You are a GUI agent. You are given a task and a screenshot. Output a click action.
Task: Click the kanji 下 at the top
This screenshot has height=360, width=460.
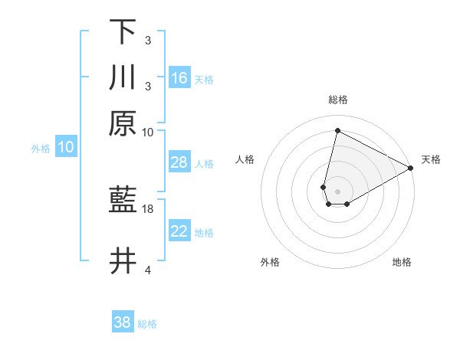pos(123,31)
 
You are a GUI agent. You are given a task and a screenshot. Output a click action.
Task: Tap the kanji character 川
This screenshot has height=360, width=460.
pos(123,77)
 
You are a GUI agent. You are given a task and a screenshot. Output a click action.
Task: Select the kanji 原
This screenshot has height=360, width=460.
pos(123,123)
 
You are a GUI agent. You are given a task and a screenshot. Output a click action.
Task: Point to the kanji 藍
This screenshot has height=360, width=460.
pos(123,201)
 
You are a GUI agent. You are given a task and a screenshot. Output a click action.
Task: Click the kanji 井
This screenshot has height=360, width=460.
pos(123,261)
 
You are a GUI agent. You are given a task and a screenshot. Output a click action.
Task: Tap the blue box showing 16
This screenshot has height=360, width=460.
pos(179,77)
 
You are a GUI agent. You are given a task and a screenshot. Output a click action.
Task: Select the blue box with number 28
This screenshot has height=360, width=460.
pos(179,162)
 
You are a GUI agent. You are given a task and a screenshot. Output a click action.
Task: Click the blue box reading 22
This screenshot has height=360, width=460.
pos(179,231)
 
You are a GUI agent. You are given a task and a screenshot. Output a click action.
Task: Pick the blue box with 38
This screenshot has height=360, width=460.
pos(123,322)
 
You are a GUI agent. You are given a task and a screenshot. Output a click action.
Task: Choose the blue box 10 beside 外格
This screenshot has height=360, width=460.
pos(66,147)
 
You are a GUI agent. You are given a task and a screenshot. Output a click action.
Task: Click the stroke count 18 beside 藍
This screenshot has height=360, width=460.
pos(148,208)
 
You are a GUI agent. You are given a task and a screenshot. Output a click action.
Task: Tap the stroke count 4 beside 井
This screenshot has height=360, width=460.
pos(147,270)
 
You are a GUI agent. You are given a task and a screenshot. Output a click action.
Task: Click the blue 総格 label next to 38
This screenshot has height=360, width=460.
pos(147,324)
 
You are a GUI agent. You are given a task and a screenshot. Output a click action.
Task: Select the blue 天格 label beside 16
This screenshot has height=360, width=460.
pos(204,79)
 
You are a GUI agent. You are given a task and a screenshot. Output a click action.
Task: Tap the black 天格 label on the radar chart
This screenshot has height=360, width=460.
pos(431,159)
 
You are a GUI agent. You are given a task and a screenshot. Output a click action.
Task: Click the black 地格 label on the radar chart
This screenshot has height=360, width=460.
pos(402,262)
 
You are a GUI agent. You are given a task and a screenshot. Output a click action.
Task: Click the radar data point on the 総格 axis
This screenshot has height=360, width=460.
pos(337,130)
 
